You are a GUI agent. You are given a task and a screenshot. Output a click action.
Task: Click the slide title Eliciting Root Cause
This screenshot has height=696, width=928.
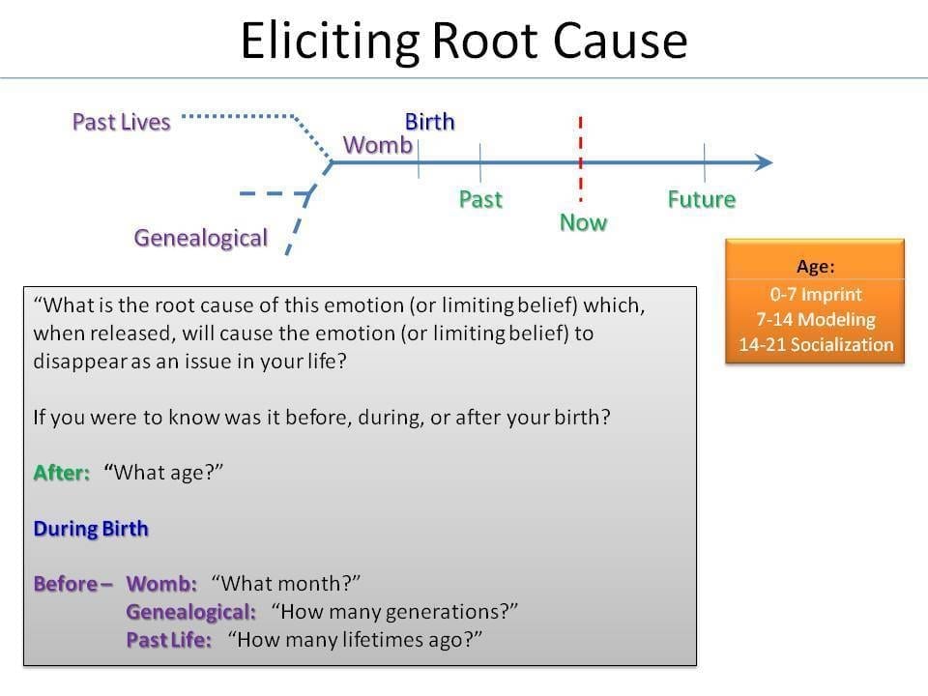(x=464, y=41)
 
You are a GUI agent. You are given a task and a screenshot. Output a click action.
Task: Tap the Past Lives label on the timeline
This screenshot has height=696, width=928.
(x=122, y=122)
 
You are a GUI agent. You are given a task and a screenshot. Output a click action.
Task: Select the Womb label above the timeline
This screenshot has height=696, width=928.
(x=378, y=145)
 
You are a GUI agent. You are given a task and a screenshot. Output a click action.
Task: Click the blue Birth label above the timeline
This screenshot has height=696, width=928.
(x=429, y=122)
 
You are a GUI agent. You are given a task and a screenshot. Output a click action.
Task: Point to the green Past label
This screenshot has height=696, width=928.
(x=480, y=199)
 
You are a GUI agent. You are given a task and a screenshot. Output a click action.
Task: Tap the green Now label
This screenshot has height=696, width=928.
(x=584, y=223)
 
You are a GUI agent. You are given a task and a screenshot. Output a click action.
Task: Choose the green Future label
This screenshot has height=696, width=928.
(x=702, y=199)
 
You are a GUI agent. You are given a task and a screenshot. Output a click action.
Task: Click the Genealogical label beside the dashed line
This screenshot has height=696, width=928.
(x=201, y=238)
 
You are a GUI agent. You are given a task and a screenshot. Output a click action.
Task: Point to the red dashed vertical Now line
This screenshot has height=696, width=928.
(x=581, y=159)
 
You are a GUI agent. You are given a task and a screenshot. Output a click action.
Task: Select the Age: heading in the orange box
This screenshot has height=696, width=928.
(x=816, y=267)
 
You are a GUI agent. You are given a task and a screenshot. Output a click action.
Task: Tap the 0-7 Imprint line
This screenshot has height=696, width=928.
(x=816, y=294)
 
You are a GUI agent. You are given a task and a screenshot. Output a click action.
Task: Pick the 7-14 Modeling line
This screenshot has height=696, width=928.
(x=816, y=320)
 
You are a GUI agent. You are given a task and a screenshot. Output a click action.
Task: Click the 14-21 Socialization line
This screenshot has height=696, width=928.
(x=816, y=344)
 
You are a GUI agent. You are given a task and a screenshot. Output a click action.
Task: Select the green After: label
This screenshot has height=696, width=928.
(x=62, y=473)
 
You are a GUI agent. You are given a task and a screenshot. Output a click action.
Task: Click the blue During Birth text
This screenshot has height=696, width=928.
(x=91, y=529)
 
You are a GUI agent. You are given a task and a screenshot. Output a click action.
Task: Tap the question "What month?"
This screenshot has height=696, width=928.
(x=286, y=584)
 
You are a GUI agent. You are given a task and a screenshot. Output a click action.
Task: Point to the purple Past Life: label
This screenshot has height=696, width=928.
(x=168, y=640)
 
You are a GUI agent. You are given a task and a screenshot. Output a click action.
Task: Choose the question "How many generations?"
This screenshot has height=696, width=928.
(x=394, y=611)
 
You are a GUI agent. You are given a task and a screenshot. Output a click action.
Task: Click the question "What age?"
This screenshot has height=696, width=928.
(x=163, y=473)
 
